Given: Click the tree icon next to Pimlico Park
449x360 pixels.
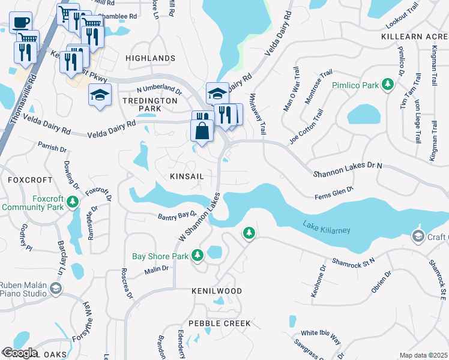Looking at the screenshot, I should point(389,85).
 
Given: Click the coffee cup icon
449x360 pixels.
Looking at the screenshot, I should point(21,22).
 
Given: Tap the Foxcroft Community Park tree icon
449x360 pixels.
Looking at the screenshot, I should point(73,202).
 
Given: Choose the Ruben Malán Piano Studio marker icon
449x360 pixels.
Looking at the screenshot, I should point(56,289).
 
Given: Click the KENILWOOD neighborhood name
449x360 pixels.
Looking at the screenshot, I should point(217,291).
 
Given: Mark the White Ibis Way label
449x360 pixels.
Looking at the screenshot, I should point(321,333).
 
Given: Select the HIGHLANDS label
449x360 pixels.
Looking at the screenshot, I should point(150,58).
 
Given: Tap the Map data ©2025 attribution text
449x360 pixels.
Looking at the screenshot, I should point(423,355).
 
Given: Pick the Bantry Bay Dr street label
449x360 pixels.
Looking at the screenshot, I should point(177,215).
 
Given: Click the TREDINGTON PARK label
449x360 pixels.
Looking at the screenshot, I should point(141,104).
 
